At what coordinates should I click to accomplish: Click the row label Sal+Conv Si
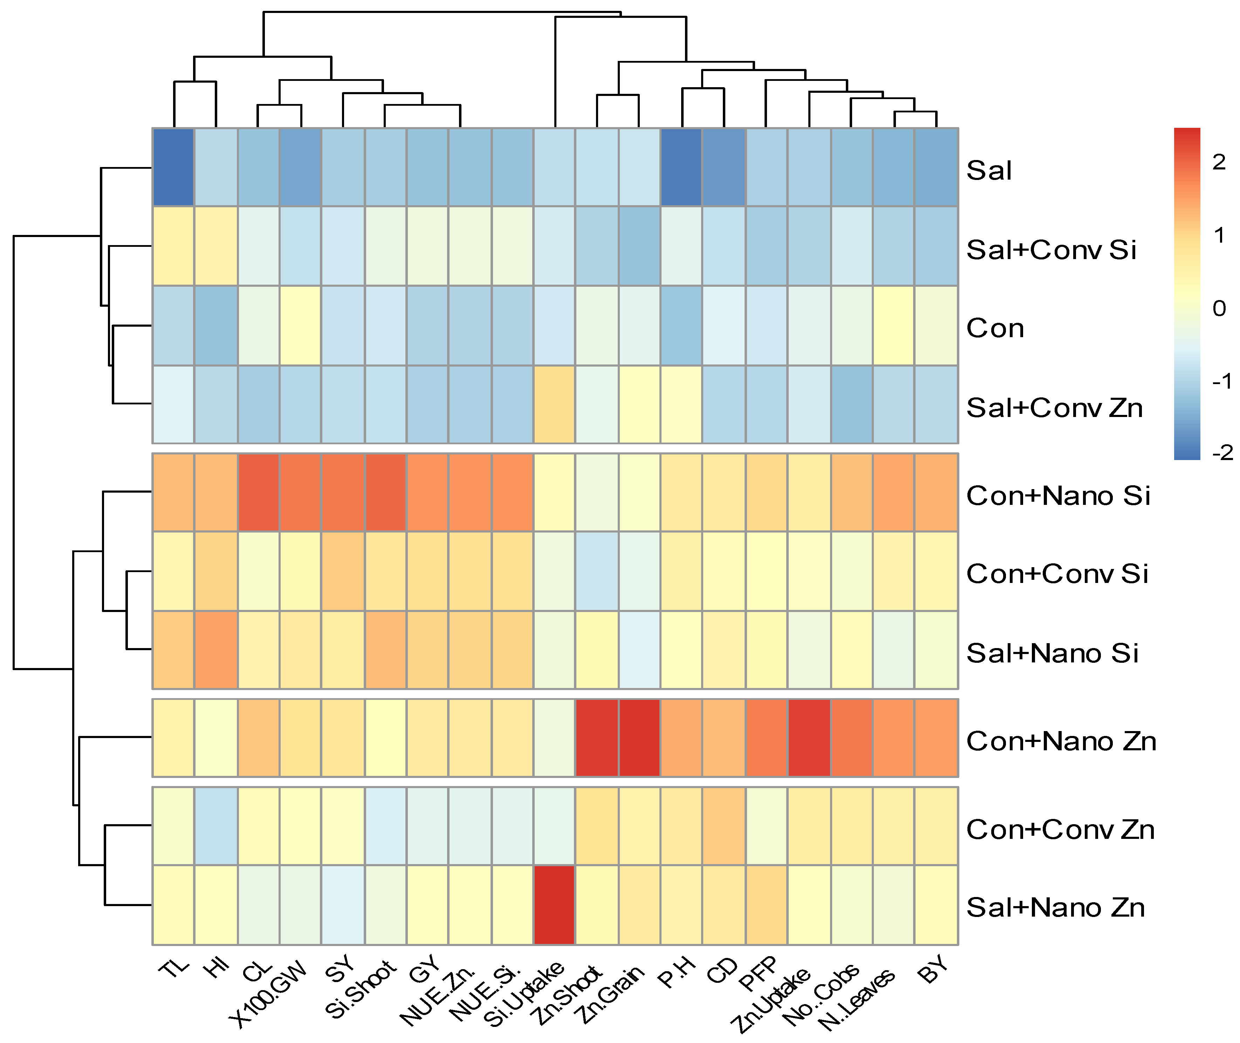click(1051, 250)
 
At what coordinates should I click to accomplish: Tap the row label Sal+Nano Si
click(1052, 653)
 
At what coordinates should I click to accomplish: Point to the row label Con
click(995, 328)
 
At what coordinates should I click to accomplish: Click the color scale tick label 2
click(1219, 162)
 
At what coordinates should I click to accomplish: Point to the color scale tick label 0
click(1219, 308)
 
